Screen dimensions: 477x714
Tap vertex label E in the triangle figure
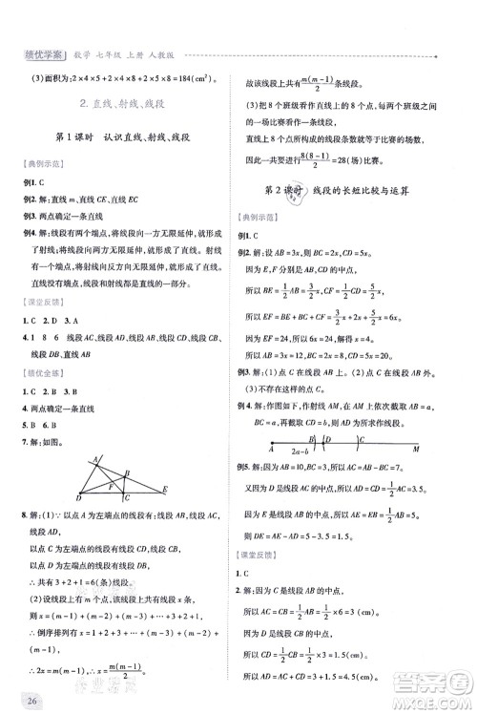[166, 488]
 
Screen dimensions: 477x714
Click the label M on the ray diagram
[415, 448]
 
